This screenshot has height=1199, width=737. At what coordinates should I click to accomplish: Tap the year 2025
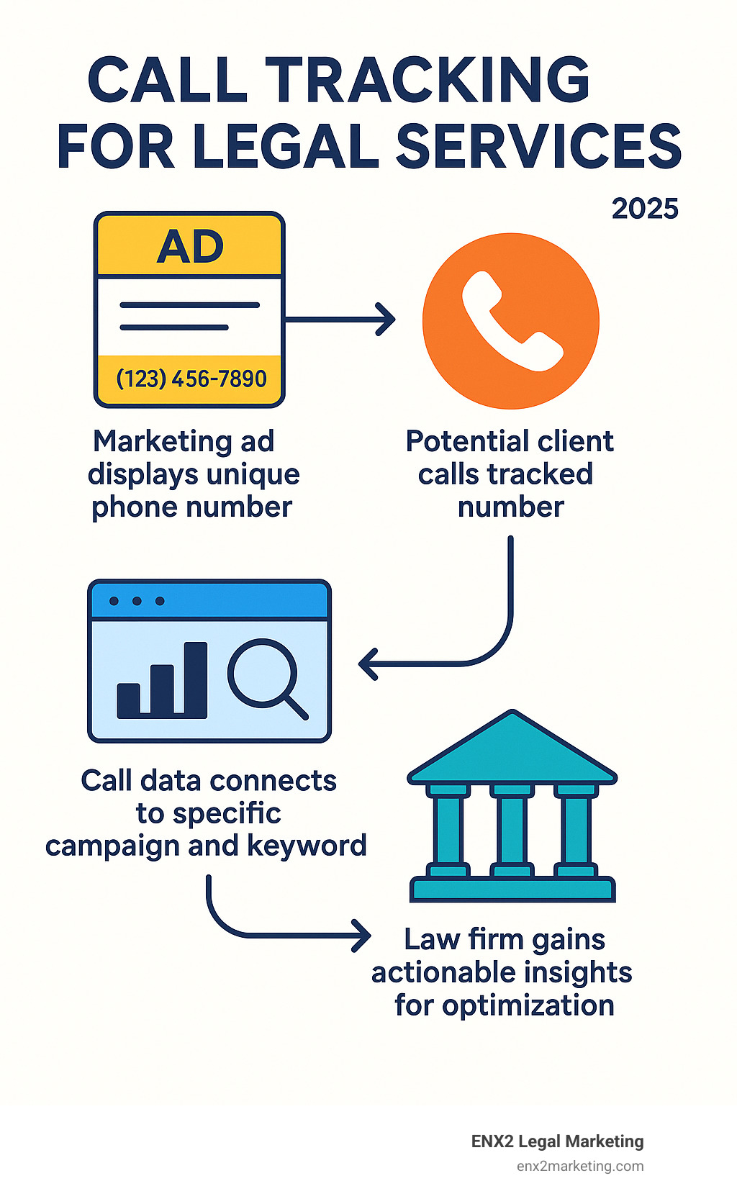pos(645,209)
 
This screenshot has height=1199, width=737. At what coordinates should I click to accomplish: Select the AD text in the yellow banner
pos(190,247)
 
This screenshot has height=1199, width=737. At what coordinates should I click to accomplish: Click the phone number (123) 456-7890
pos(191,379)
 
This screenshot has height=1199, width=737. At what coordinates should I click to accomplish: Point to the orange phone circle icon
pos(510,321)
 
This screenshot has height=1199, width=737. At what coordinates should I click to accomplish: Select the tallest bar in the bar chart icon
pos(195,680)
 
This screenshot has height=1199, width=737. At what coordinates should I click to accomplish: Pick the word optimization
pos(528,1005)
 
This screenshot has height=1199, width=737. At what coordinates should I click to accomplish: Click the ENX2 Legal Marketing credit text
pos(557,1141)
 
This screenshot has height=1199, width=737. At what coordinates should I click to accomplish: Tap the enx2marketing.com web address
pos(579,1166)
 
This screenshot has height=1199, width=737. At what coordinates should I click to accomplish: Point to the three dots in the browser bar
pos(137,601)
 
